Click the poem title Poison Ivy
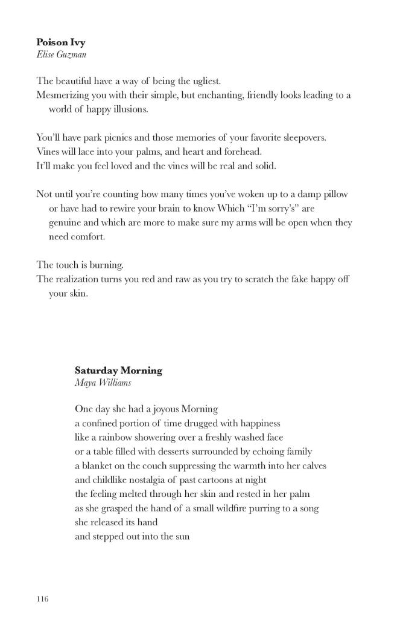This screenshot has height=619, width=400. pyautogui.click(x=60, y=42)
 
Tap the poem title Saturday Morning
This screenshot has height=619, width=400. pyautogui.click(x=118, y=371)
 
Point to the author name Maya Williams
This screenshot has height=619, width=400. pyautogui.click(x=103, y=383)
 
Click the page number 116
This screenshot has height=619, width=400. pyautogui.click(x=42, y=599)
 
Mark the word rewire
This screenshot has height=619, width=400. pyautogui.click(x=124, y=209)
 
